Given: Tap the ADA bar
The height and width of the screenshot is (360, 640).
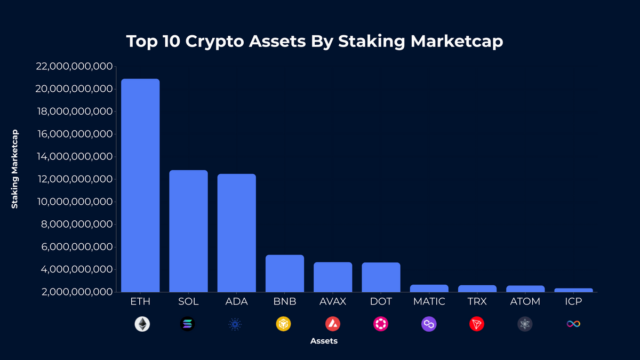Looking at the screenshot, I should click(x=236, y=233).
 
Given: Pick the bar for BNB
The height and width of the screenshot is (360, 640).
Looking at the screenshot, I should click(x=285, y=274).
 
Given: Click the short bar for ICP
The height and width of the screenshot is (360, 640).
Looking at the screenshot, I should click(x=573, y=290).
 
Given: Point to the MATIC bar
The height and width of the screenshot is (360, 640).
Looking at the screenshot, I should click(x=429, y=289).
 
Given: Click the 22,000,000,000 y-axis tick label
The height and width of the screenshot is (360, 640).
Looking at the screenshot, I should click(x=74, y=66).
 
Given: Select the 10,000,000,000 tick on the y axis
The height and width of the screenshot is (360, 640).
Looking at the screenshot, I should click(x=74, y=202).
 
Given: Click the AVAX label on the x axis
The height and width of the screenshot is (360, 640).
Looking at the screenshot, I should click(x=333, y=302).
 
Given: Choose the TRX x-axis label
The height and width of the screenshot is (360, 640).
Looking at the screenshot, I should click(x=477, y=302).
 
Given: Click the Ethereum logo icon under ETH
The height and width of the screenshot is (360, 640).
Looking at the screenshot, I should click(x=142, y=324).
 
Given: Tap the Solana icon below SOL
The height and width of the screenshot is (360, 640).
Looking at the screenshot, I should click(x=187, y=324).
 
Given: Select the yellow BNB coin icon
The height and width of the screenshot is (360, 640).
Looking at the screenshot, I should click(x=283, y=324).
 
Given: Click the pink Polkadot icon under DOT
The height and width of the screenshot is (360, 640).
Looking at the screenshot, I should click(x=381, y=324).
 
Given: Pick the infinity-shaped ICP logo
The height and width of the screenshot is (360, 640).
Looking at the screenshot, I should click(x=573, y=324).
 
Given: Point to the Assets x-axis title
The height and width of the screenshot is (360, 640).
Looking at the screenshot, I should click(x=324, y=341).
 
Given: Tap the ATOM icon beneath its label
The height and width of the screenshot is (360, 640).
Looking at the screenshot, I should click(x=525, y=324).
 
